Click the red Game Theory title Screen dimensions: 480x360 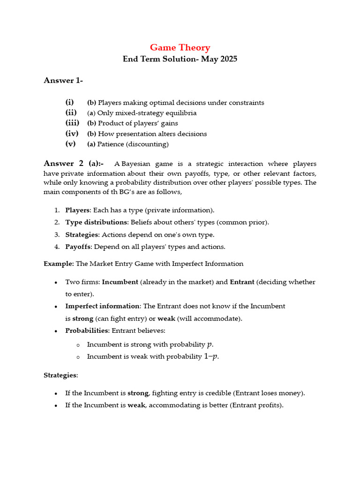[180, 47]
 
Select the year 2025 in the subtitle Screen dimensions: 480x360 [227, 60]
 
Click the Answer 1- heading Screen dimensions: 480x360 [63, 81]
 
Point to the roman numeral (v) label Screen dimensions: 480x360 [70, 144]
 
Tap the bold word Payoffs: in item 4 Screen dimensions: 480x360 [79, 247]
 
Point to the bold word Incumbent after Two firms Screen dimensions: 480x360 [120, 282]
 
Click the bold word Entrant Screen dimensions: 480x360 [242, 282]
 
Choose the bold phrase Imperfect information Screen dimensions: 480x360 [103, 306]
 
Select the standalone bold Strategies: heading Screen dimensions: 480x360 [61, 375]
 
